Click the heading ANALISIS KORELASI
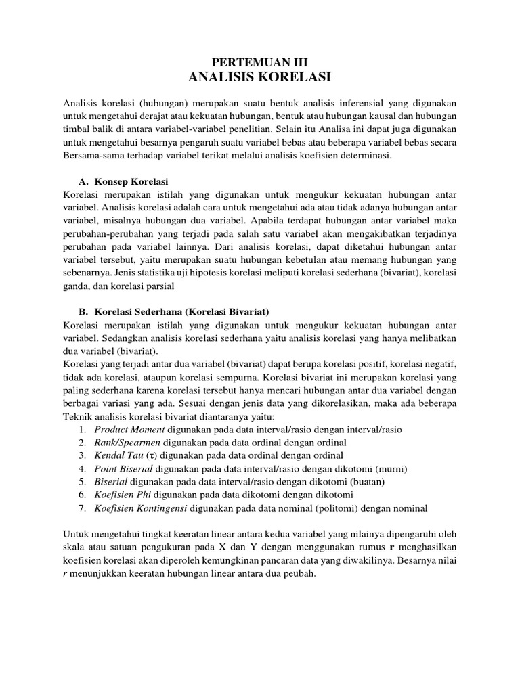[x=260, y=77]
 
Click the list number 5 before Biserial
[x=81, y=481]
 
